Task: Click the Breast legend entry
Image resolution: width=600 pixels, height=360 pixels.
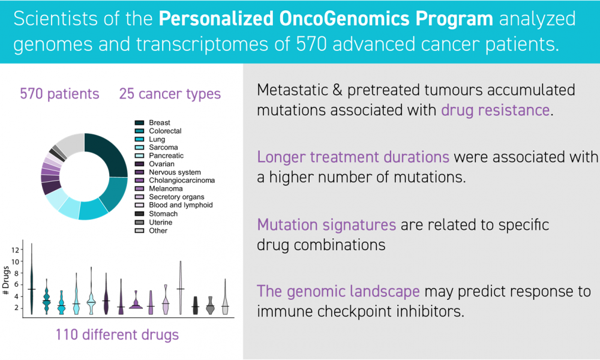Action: tap(152, 123)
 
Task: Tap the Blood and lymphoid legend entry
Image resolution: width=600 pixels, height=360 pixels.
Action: tap(174, 205)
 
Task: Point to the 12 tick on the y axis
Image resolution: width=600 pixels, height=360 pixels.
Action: tap(16, 250)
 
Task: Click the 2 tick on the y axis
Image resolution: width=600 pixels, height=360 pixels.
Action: tap(16, 308)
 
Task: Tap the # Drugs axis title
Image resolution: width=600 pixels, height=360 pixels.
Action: tap(6, 280)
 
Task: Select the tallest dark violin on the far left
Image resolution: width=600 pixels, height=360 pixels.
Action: tap(32, 279)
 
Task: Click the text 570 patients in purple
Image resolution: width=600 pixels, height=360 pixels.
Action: tap(59, 94)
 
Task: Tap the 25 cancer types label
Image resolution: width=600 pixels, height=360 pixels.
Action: tap(170, 94)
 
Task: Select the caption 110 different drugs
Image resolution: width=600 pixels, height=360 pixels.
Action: tap(117, 335)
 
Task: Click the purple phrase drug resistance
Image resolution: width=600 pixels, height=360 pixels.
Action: tap(496, 110)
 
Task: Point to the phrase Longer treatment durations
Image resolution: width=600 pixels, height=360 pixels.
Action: tap(353, 157)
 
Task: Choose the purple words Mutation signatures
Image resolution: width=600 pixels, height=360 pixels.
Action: tap(326, 225)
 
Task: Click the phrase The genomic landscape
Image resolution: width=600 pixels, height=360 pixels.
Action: tap(338, 292)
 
